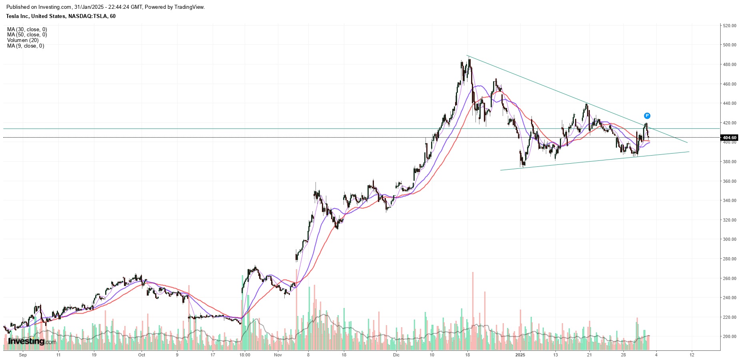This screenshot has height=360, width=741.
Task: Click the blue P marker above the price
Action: point(647,116)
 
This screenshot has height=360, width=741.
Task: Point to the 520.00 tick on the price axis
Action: point(729,26)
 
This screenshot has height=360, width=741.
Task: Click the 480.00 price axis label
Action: point(729,64)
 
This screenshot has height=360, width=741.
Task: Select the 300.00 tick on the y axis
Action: point(729,239)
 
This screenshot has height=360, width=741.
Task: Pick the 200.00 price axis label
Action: point(729,336)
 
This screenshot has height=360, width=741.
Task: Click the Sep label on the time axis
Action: point(23,355)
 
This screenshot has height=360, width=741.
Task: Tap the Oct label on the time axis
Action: point(142,355)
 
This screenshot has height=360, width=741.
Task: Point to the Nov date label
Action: point(278,355)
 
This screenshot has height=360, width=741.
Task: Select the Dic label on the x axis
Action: point(396,355)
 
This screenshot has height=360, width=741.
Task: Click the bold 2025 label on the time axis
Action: point(520,355)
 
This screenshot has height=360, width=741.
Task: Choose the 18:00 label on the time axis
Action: point(245,355)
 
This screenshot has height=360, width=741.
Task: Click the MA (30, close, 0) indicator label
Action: point(27,29)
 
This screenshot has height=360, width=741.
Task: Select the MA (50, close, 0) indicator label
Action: point(27,35)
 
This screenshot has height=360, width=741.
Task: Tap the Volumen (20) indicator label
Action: point(23,40)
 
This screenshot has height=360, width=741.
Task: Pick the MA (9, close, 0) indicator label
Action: point(26,46)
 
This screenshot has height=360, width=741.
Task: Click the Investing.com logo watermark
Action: point(32,341)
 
